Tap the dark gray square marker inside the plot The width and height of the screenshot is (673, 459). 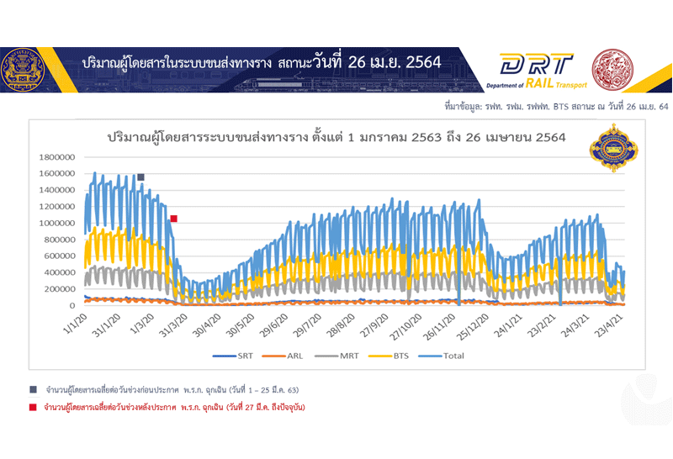click(x=140, y=177)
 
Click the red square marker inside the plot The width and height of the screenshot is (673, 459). click(x=173, y=219)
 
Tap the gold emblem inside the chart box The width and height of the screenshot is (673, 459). click(x=607, y=148)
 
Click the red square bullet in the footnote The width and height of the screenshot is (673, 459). click(x=33, y=408)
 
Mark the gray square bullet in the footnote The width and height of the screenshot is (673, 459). click(x=33, y=391)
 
